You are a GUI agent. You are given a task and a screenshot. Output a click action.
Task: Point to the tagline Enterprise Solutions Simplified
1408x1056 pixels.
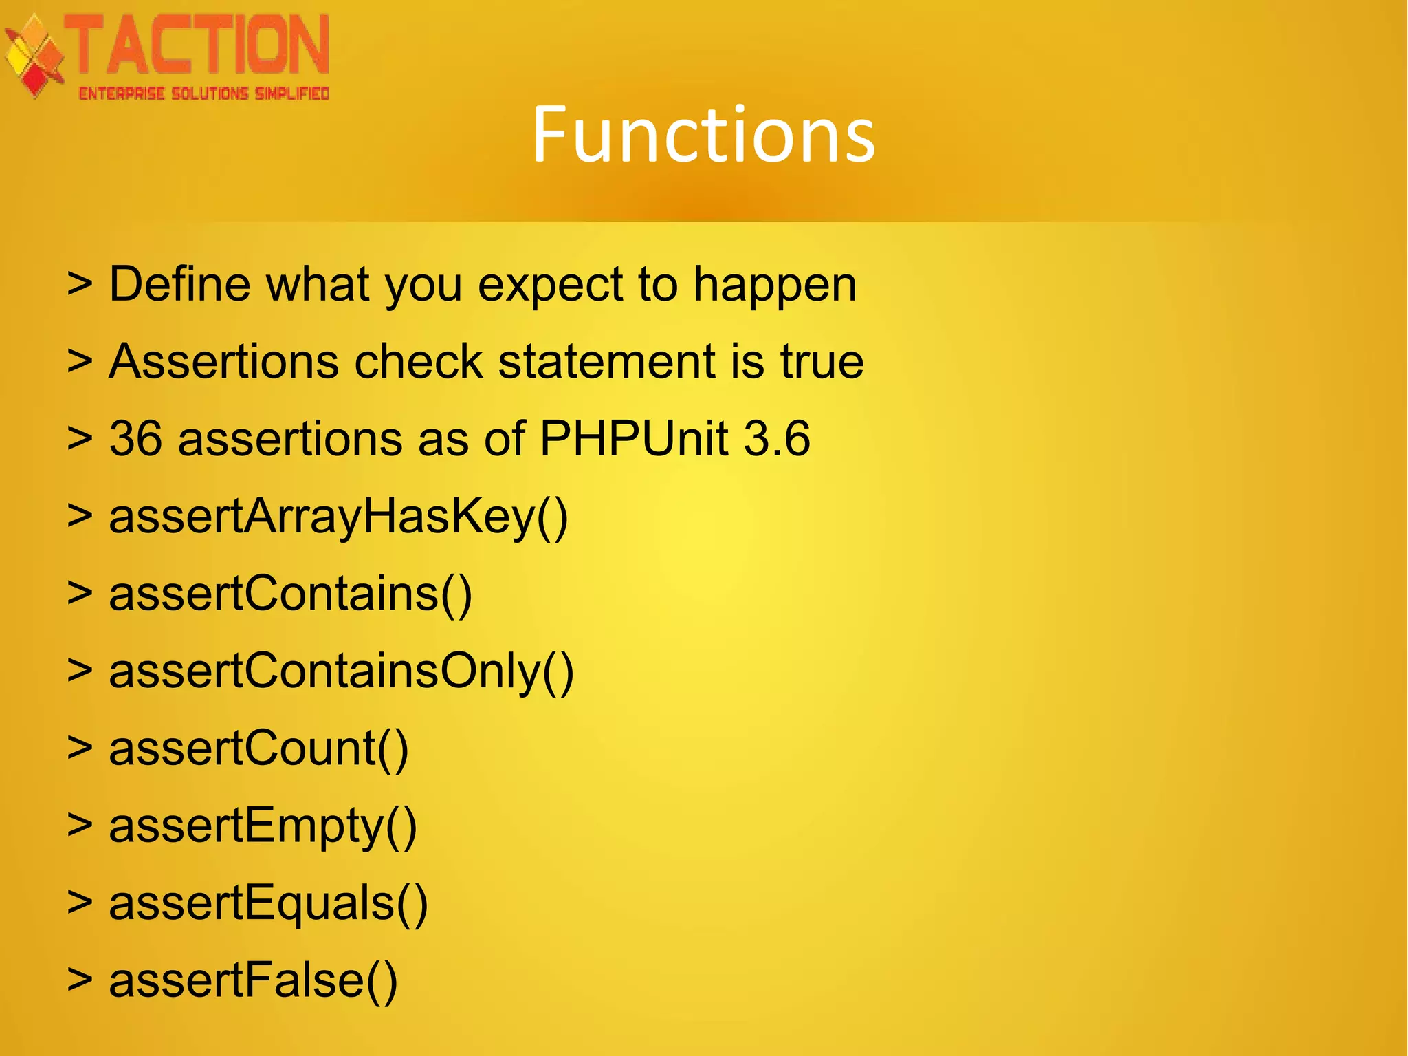pyautogui.click(x=203, y=94)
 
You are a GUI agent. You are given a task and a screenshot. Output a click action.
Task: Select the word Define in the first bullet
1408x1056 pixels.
pyautogui.click(x=179, y=284)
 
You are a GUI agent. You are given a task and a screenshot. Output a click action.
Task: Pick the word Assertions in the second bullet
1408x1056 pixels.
pyautogui.click(x=223, y=361)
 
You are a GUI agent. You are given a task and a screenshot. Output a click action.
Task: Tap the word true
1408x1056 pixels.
pyautogui.click(x=822, y=361)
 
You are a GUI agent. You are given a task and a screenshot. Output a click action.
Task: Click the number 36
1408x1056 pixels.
pyautogui.click(x=135, y=439)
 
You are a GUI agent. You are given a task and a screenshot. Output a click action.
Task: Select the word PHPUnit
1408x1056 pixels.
pyautogui.click(x=634, y=439)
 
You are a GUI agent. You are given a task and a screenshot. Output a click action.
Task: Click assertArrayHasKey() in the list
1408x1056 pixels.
pyautogui.click(x=338, y=517)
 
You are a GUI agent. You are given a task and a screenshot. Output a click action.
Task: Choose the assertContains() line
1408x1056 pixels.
pyautogui.click(x=290, y=594)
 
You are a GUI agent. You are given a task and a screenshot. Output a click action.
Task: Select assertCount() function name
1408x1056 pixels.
pyautogui.click(x=258, y=748)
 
